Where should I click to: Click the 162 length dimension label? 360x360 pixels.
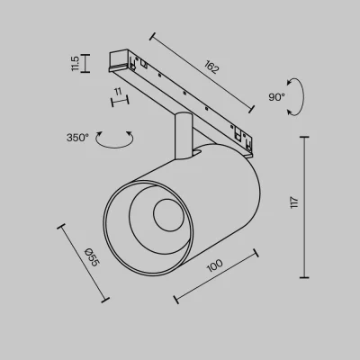tap(211, 67)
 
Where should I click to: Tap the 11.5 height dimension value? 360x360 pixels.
tap(75, 64)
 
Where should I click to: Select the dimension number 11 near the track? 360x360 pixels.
tap(118, 91)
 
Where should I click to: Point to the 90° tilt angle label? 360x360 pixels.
tap(276, 97)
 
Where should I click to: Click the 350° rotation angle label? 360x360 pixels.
tap(77, 138)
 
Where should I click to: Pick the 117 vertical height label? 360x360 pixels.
tap(294, 202)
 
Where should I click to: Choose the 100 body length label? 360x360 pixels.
tap(215, 265)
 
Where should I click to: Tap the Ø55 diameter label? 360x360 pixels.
tap(92, 257)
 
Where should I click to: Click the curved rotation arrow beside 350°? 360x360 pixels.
tap(114, 147)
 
